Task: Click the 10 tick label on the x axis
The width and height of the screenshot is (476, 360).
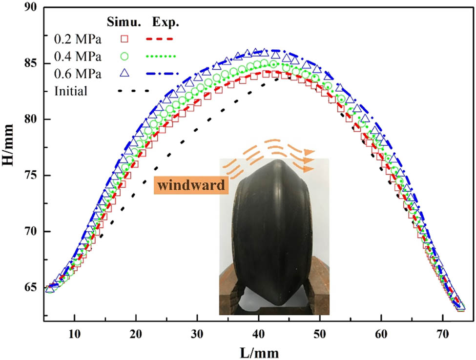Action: pos(74,333)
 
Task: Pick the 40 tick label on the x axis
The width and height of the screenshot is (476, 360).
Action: pos(258,333)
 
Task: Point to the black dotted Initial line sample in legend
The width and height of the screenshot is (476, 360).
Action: pos(133,90)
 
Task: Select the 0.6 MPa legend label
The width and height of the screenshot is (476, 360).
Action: pos(79,74)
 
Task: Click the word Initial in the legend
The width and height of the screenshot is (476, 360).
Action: pos(72,91)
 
